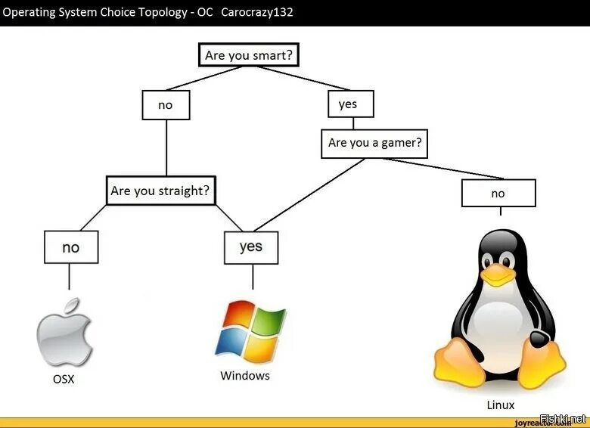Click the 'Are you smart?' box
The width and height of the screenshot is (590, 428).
[x=249, y=56]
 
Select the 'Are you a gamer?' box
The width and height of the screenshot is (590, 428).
[x=374, y=143]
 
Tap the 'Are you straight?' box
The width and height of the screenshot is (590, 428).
[x=160, y=191]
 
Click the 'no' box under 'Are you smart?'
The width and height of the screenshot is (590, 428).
[x=166, y=105]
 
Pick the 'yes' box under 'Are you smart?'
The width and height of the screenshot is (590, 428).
[x=350, y=104]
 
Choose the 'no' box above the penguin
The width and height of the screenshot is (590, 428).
[x=498, y=193]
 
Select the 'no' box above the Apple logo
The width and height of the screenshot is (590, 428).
[x=70, y=247]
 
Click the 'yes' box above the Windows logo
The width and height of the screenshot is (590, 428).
[x=251, y=247]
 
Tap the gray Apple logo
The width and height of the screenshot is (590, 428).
[x=65, y=333]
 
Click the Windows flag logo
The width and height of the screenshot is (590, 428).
[x=250, y=330]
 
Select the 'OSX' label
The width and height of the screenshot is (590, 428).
[x=64, y=379]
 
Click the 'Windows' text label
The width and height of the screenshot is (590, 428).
[x=244, y=376]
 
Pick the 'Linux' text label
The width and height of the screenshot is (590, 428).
[x=500, y=405]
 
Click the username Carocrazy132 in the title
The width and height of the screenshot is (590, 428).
[x=256, y=13]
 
